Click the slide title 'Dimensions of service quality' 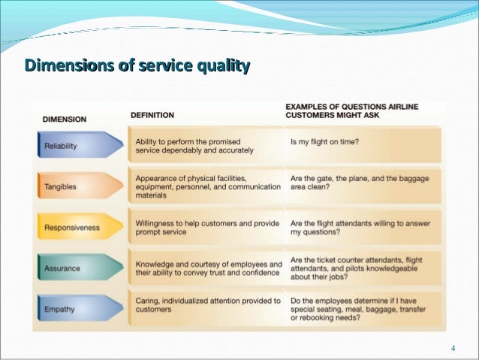point(137,67)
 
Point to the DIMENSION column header point(64,118)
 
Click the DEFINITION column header point(152,115)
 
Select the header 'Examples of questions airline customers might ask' point(351,110)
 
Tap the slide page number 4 point(453,348)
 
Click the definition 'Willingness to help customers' point(208,228)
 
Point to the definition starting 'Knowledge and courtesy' point(208,268)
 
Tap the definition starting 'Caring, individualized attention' point(208,304)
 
